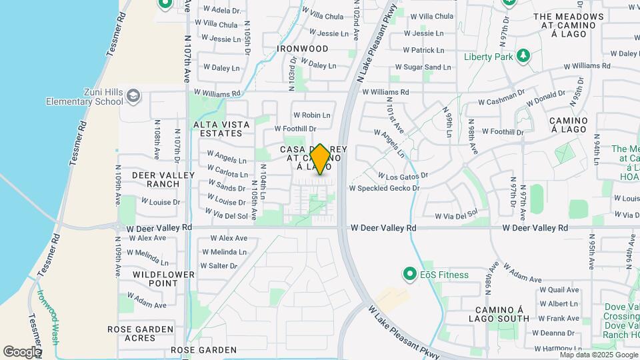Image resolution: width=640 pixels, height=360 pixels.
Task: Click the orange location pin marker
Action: coord(320,160)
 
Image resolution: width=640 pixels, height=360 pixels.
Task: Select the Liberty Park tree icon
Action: coord(524,56)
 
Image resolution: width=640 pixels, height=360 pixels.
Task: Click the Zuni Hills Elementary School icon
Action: coord(133,96)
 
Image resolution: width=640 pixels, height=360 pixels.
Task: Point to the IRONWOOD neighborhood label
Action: coord(303,49)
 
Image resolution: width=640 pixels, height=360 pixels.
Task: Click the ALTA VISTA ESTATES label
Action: coord(222,129)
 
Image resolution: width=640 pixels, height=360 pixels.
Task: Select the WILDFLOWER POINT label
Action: coord(163,279)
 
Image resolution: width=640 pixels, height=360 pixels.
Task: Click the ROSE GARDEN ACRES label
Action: coord(141,333)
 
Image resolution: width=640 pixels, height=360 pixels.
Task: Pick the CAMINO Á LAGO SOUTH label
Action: coord(503,314)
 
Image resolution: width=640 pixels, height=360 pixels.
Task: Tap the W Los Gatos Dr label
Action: coord(403,176)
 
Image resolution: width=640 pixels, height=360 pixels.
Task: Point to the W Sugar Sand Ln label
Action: coord(423,67)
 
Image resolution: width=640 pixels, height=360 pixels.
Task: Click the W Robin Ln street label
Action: coord(312,115)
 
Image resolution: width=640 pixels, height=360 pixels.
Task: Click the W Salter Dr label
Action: coord(219,265)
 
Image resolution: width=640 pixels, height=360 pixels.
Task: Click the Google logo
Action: coord(22,351)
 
